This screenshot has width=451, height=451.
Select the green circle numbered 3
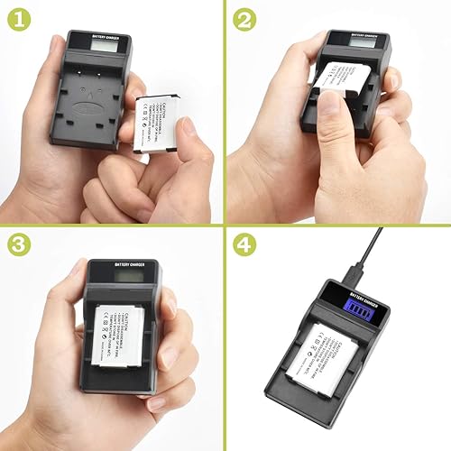(18, 244)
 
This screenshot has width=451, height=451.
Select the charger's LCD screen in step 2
(347, 40)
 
